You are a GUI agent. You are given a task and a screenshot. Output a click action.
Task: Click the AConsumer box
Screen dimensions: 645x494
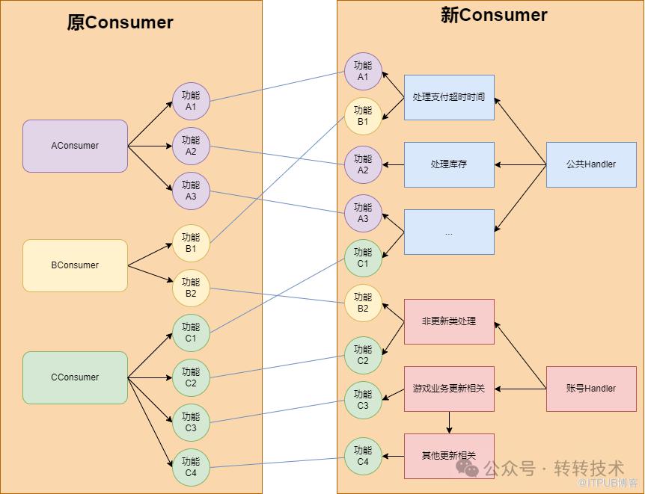pos(75,146)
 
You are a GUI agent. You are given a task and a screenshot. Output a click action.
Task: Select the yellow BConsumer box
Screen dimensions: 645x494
pos(75,265)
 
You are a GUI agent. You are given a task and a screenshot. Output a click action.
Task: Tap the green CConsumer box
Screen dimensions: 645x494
pos(75,377)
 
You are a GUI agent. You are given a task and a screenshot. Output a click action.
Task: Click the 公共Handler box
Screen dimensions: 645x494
pos(591,164)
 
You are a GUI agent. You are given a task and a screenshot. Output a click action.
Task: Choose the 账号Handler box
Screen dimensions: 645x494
pos(591,389)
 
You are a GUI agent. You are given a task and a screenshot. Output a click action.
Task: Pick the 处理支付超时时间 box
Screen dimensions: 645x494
pos(449,97)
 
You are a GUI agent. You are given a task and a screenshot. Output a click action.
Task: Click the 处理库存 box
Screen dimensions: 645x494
pos(449,164)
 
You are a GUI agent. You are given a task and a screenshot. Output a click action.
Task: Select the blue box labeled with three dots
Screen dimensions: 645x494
pos(449,232)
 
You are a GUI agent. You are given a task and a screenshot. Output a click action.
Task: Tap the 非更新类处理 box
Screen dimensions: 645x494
pos(449,321)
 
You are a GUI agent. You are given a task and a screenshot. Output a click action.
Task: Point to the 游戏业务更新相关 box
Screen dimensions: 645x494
pos(449,389)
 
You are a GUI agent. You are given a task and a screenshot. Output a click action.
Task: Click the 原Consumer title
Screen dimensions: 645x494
pos(120,22)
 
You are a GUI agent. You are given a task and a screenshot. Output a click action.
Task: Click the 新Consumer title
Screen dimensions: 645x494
pos(494,15)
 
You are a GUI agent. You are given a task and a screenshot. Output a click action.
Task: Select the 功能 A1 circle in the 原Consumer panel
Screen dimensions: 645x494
pos(191,101)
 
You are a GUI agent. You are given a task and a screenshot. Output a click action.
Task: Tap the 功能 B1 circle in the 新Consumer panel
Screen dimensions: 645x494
pos(363,116)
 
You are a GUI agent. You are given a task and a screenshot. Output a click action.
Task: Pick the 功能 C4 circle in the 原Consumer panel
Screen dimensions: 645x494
pos(191,467)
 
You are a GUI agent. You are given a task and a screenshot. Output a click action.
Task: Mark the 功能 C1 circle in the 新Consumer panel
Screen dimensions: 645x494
pos(363,258)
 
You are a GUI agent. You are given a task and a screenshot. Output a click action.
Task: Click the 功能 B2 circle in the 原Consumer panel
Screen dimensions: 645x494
pos(191,288)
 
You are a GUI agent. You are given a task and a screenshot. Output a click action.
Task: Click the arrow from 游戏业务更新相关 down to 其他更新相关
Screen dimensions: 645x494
pos(449,422)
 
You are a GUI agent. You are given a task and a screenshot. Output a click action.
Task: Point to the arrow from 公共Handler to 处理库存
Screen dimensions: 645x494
pos(520,165)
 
